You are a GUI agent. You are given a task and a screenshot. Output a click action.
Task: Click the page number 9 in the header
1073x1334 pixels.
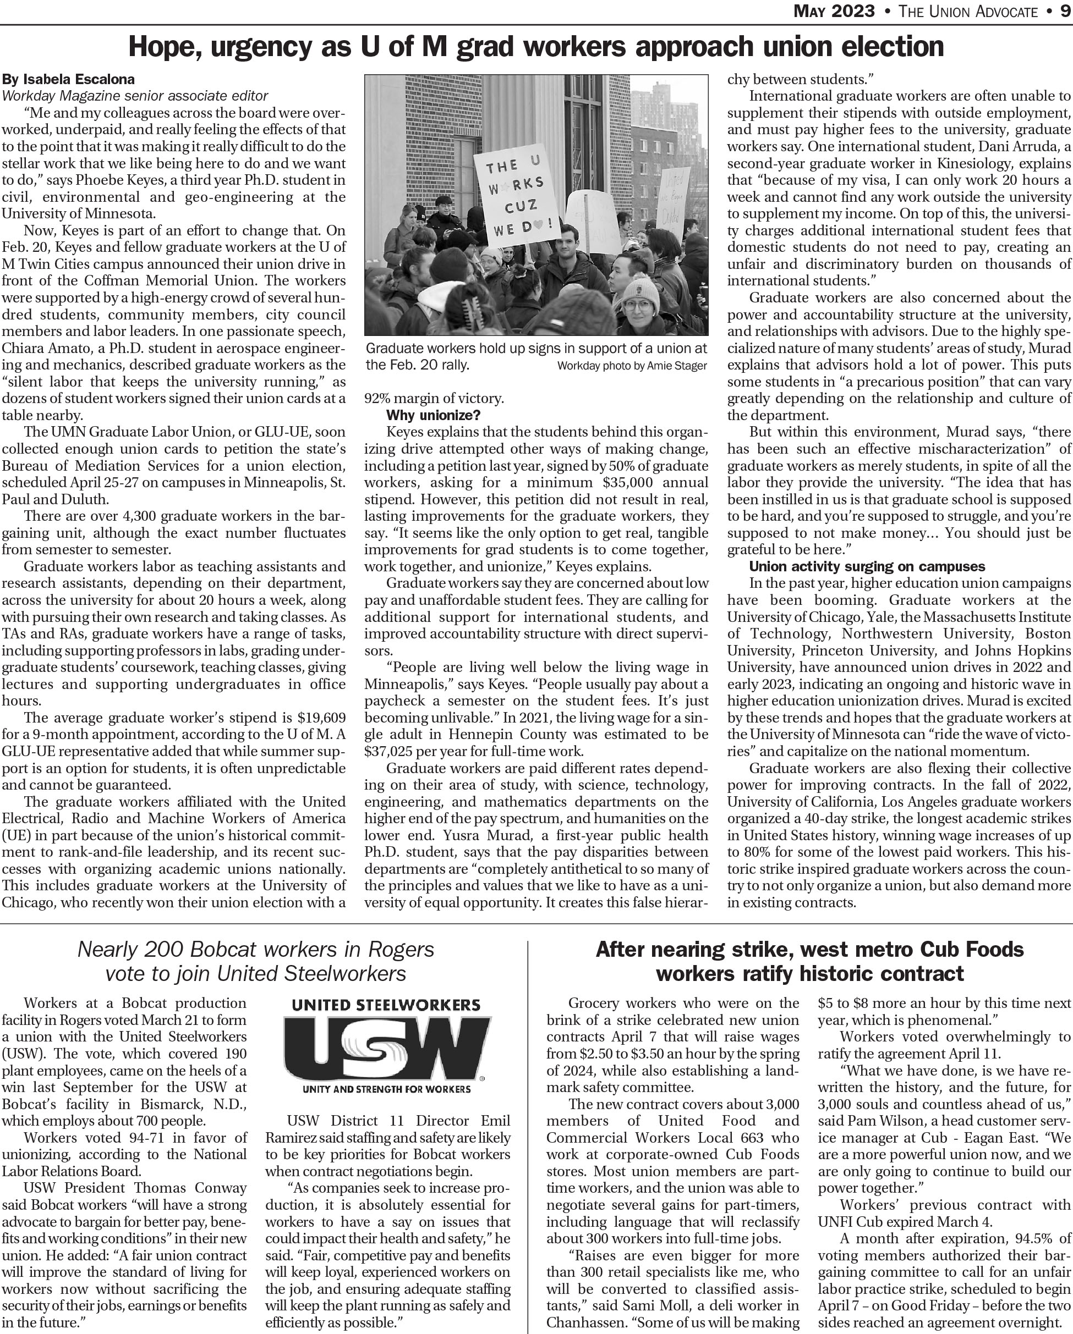[1064, 11]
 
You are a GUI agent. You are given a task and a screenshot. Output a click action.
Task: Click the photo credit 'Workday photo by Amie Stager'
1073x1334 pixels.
[632, 366]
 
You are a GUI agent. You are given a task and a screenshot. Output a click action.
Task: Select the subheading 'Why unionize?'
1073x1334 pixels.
[433, 415]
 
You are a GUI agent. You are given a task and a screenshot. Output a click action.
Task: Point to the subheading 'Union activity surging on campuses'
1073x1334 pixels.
[867, 567]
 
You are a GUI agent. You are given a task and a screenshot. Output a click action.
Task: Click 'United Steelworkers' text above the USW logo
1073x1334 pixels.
[386, 1005]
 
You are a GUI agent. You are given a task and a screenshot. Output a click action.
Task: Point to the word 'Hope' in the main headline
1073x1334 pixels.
[163, 47]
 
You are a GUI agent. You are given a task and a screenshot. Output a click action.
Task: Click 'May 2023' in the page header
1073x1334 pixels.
[834, 11]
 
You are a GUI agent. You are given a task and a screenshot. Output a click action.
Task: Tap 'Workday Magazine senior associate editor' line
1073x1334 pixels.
[135, 96]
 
